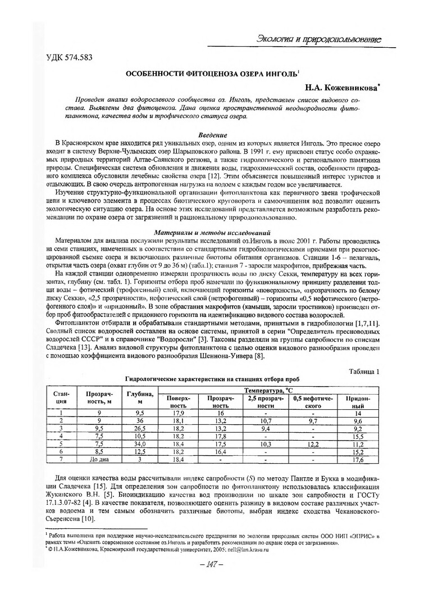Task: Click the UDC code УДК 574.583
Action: click(x=69, y=57)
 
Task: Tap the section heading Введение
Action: click(x=213, y=135)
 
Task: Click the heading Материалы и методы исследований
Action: click(x=213, y=232)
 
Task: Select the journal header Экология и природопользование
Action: click(x=318, y=39)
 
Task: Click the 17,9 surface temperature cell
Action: click(x=178, y=413)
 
